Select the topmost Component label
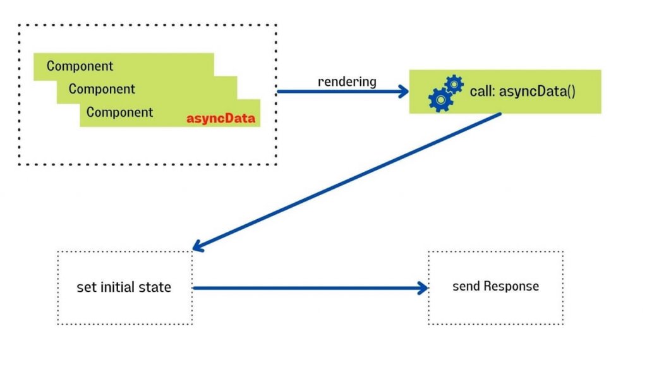(x=80, y=66)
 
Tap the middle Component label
(x=102, y=89)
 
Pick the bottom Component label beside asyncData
(x=119, y=112)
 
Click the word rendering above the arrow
(x=347, y=81)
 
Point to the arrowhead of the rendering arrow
(x=404, y=92)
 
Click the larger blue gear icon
(x=440, y=99)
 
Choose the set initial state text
(x=124, y=287)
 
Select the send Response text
(x=495, y=286)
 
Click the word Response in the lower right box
(x=511, y=286)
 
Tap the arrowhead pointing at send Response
(x=423, y=288)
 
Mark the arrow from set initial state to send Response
(x=310, y=288)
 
